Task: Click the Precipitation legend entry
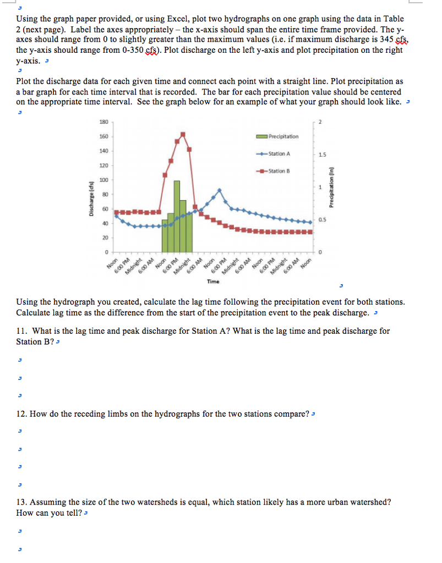(283, 136)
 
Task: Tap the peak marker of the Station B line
(183, 134)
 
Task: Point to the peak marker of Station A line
(220, 190)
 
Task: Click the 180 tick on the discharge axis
(103, 122)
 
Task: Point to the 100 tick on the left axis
(103, 180)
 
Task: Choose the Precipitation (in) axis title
(331, 187)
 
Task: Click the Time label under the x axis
(213, 281)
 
